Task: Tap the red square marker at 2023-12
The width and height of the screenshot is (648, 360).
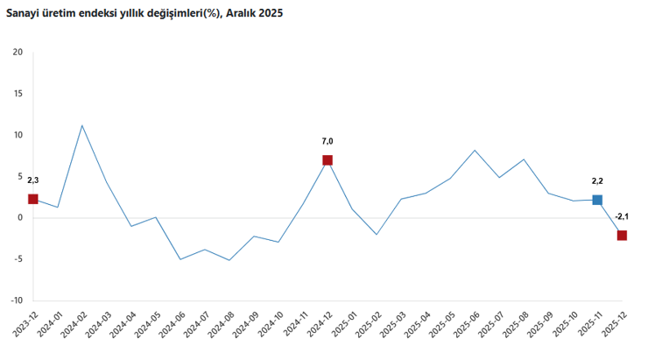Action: click(x=33, y=199)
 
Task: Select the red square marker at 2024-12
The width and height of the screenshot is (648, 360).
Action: click(x=328, y=160)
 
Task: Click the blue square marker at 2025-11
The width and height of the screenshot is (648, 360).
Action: click(x=597, y=200)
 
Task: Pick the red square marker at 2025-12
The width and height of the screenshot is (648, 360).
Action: click(x=622, y=235)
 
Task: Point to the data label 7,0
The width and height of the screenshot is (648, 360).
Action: click(x=328, y=141)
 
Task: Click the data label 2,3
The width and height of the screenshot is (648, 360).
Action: click(x=33, y=180)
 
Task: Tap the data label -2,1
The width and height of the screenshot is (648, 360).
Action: click(x=622, y=216)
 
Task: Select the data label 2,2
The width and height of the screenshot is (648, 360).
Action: click(x=597, y=180)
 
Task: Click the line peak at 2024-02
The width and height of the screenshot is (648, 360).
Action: click(x=82, y=125)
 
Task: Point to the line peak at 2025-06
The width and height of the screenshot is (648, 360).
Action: click(x=475, y=151)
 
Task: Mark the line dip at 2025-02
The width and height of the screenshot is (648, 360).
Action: click(x=377, y=234)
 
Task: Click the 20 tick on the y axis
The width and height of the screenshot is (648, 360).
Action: click(x=18, y=52)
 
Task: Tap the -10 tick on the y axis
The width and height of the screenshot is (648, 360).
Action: click(x=16, y=300)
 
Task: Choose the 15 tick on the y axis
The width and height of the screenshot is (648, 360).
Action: click(x=18, y=94)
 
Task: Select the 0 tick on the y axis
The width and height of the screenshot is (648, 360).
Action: click(x=20, y=218)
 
